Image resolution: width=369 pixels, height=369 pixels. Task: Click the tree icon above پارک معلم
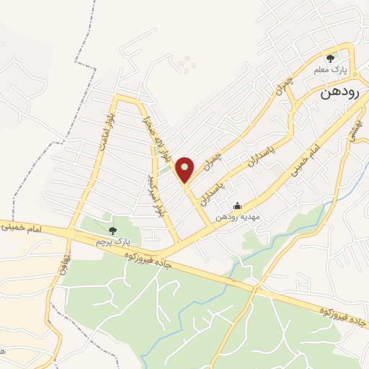pos(331,59)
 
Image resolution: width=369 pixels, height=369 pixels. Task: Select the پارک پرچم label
pos(111,241)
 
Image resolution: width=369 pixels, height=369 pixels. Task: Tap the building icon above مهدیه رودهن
pos(239,206)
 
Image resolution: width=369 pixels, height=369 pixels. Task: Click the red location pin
pos(184,169)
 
